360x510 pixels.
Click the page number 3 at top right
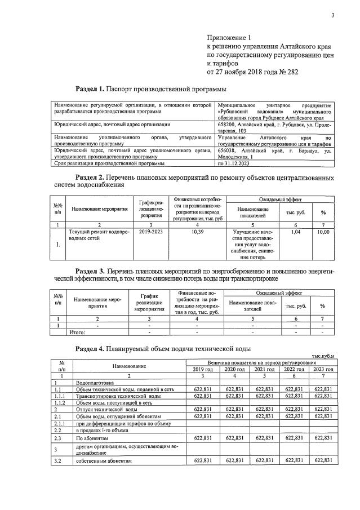pyautogui.click(x=333, y=16)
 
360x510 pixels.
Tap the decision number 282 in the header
pyautogui.click(x=291, y=72)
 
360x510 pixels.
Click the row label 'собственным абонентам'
pyautogui.click(x=108, y=461)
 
